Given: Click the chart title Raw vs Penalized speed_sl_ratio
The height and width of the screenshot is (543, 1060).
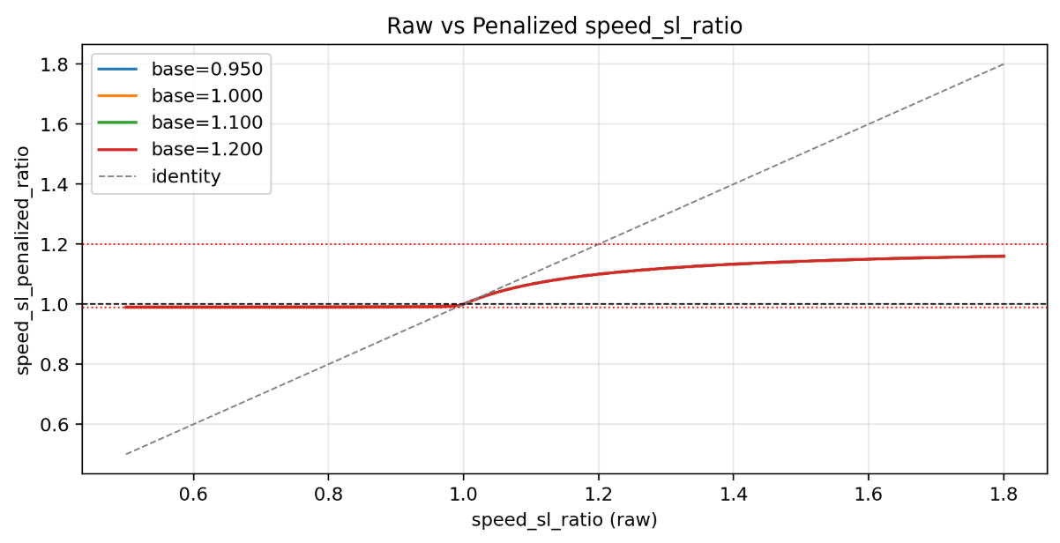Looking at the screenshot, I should click(564, 26).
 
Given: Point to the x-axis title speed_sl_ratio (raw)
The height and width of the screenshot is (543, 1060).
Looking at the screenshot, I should click(564, 520).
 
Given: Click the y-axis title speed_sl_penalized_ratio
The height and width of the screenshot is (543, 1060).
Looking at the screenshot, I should click(26, 259).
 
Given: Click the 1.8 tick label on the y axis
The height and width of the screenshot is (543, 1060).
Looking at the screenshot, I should click(55, 64).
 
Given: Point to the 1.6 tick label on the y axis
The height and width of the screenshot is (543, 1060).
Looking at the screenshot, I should click(55, 124).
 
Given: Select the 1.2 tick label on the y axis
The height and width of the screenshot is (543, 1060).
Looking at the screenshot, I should click(55, 244).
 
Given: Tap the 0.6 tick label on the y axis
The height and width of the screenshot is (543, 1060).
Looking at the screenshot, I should click(55, 424).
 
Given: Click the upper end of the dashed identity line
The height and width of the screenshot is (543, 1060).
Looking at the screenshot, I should click(1004, 64).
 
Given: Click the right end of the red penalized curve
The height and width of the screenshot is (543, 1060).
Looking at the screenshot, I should click(1004, 257).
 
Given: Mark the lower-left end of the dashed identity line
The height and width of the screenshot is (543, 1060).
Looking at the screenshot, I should click(126, 454).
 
